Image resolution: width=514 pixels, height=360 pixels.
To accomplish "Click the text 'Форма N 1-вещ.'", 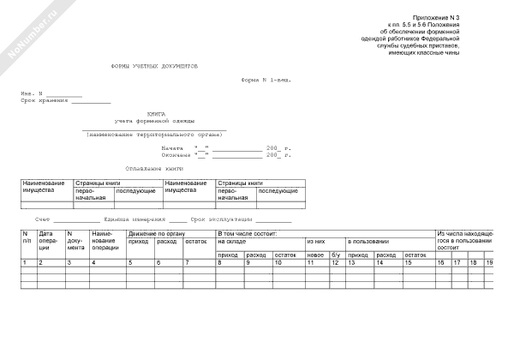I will point(266,79).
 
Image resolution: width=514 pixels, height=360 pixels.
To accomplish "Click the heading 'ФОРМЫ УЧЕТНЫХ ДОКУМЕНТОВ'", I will point(155,65).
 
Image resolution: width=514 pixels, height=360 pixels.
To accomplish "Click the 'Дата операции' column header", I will point(47,240).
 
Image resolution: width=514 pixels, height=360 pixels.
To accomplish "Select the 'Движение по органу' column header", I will point(156,233).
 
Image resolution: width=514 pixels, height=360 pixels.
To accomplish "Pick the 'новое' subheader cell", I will point(315,255).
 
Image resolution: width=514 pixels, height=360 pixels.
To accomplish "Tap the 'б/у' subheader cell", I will point(336,255).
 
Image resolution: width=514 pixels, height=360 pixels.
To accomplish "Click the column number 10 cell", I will point(277,261).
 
